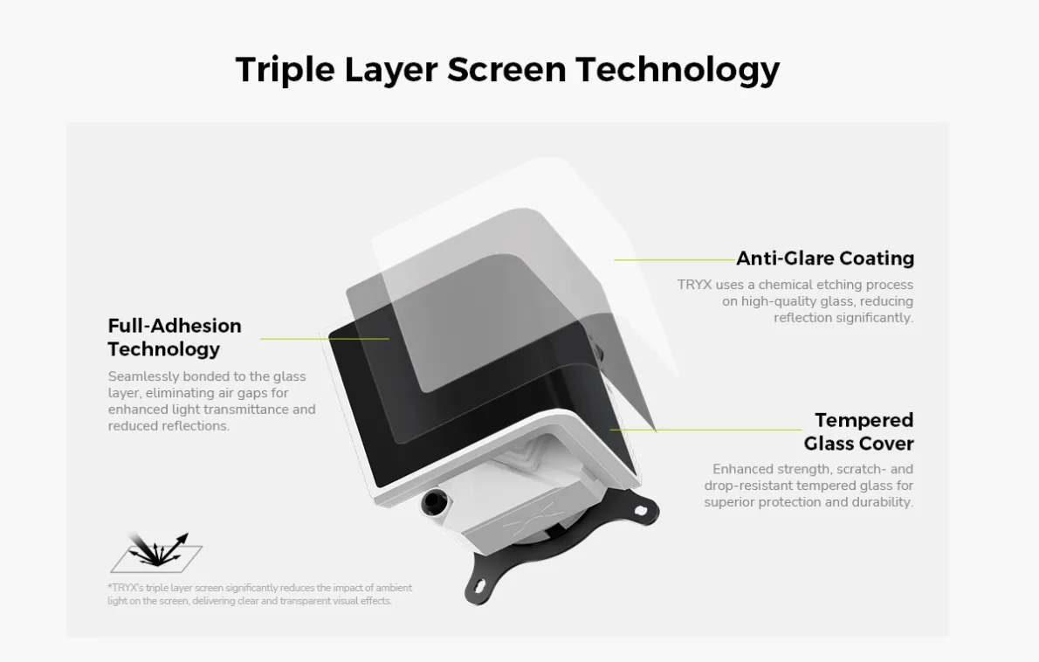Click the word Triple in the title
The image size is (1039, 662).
pos(285,70)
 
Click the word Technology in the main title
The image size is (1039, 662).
pos(678,70)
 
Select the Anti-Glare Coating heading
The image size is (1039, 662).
pos(825,258)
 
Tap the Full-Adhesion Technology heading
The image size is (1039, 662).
pos(175,337)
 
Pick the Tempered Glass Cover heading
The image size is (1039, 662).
pos(859,431)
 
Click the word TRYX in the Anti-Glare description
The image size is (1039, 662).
pos(694,285)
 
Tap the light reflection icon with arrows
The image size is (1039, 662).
pos(156,552)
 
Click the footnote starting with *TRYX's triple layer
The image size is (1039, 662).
pos(260,595)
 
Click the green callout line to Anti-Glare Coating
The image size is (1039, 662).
pos(675,259)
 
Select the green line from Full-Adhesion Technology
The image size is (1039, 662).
pos(325,339)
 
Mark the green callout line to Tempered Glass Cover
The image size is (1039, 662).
pos(705,430)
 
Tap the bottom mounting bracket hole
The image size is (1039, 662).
pos(478,585)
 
